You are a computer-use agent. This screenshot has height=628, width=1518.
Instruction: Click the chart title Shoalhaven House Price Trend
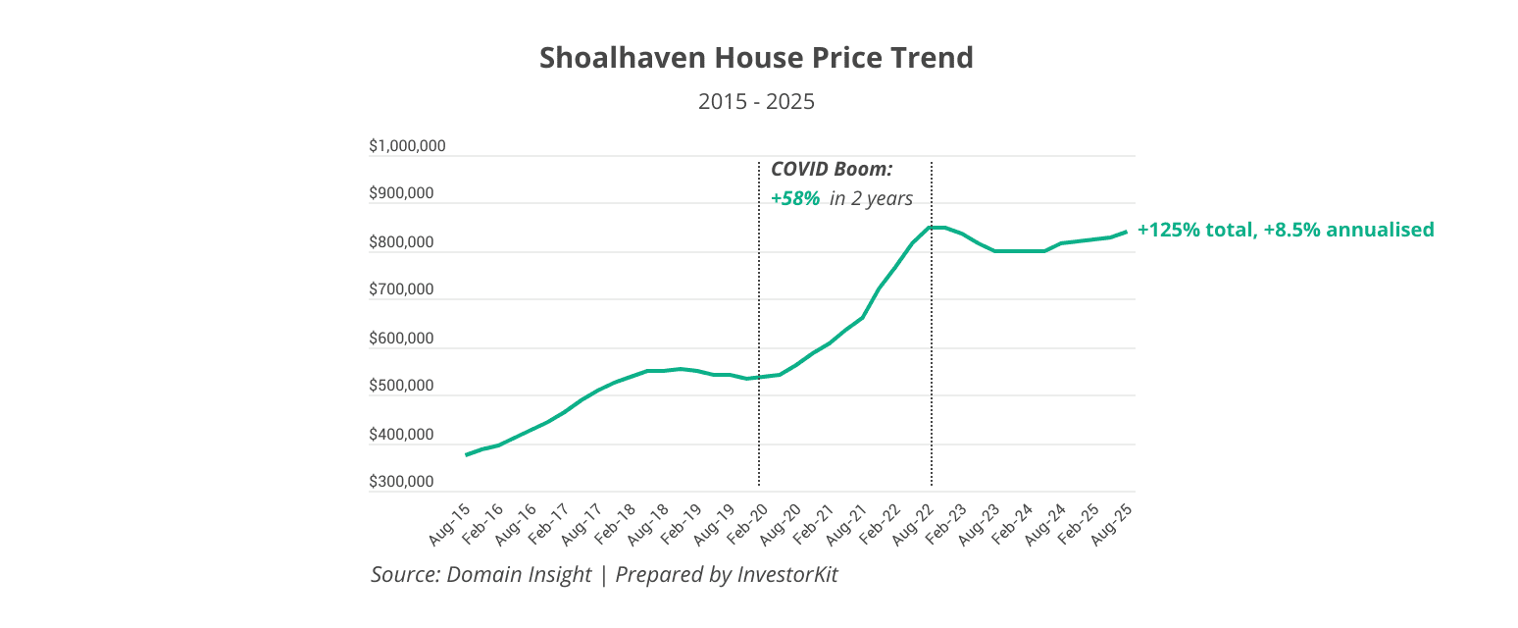click(x=756, y=58)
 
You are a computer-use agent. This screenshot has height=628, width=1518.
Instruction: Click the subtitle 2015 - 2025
click(x=756, y=101)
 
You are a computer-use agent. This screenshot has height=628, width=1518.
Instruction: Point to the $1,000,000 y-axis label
click(x=407, y=146)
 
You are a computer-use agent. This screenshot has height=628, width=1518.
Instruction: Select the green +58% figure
click(x=794, y=198)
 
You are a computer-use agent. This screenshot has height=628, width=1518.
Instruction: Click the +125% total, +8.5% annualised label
click(x=1286, y=230)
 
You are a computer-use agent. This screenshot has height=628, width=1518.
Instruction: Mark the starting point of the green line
click(x=467, y=454)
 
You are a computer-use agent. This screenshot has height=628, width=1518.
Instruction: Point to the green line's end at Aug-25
click(x=1126, y=231)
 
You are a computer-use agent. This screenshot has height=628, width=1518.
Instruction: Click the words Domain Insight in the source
click(x=519, y=574)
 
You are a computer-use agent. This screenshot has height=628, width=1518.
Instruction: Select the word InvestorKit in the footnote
click(x=787, y=574)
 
